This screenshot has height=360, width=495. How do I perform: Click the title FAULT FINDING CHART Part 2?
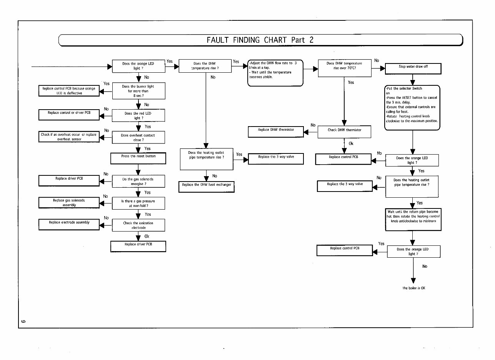(x=260, y=40)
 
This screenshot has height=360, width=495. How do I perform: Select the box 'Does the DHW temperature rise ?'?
(x=205, y=66)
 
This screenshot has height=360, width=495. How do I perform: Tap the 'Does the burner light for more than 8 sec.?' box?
(x=138, y=91)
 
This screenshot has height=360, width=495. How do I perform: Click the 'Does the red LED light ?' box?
(x=138, y=116)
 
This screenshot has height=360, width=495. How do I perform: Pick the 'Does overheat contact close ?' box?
(x=138, y=138)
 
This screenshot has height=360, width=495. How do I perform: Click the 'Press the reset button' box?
(x=138, y=158)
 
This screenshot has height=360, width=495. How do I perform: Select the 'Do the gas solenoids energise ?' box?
(x=138, y=182)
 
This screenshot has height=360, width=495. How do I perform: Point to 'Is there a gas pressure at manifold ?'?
(x=138, y=203)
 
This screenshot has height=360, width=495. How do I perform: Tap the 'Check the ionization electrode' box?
(x=138, y=225)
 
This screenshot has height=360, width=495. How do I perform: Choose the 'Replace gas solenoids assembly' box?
(x=69, y=203)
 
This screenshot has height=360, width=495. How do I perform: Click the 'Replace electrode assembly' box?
(x=69, y=224)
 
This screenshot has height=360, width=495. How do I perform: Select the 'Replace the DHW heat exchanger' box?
(x=207, y=187)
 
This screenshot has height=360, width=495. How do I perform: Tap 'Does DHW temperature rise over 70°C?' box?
(x=345, y=68)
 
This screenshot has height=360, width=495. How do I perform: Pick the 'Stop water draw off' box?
(x=413, y=68)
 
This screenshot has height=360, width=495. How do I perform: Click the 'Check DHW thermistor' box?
(x=345, y=132)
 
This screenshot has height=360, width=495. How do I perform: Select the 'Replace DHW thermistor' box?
(x=276, y=132)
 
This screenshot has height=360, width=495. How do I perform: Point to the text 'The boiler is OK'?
(x=414, y=288)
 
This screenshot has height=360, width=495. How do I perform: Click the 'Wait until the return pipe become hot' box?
(x=413, y=219)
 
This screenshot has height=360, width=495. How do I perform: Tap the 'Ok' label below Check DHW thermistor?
(x=351, y=144)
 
